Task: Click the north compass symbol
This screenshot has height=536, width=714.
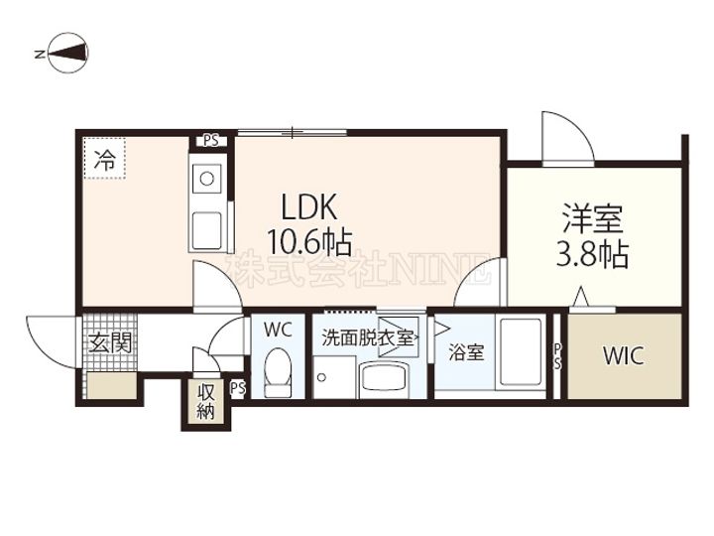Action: point(67,53)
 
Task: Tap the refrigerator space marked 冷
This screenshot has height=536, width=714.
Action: point(104,158)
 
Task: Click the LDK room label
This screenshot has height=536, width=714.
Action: point(309,206)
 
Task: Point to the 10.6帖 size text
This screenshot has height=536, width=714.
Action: point(309,242)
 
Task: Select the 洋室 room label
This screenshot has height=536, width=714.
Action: point(592,218)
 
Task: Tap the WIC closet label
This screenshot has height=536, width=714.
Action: point(624,356)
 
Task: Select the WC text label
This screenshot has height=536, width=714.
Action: point(278,330)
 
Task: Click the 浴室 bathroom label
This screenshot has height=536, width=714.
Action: point(466,352)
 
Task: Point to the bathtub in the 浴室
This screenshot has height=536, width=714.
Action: point(521,351)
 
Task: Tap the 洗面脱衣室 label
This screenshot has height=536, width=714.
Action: point(368,337)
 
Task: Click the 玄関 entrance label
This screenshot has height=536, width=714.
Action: point(110,342)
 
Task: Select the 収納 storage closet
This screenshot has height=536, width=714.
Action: point(206,402)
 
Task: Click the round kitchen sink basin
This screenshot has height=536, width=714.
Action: point(207,179)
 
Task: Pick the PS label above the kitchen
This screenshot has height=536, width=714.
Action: point(211,141)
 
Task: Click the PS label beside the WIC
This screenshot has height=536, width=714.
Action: point(558,356)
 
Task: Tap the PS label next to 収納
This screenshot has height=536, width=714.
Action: point(238,388)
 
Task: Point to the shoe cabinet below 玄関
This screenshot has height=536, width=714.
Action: point(111,386)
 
